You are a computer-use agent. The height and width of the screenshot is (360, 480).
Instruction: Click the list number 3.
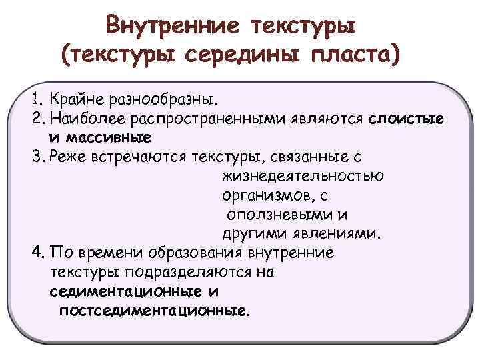(37, 157)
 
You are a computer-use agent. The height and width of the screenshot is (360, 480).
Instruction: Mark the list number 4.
(37, 254)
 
